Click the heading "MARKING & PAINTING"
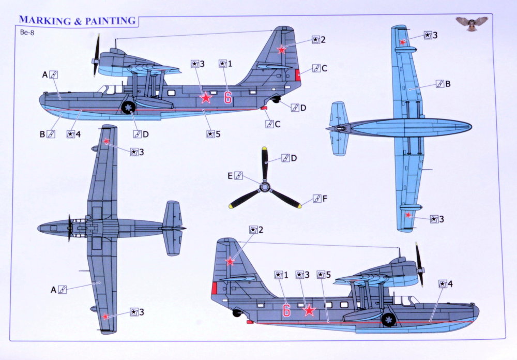tap(78, 21)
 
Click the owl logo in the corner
tap(472, 23)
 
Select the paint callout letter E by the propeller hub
tap(230, 176)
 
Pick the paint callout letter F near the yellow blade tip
tap(325, 199)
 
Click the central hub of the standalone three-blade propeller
tap(265, 187)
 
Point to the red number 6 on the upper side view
tap(227, 97)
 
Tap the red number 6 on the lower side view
tap(286, 310)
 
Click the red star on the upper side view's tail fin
tap(281, 50)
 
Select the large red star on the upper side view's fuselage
tap(206, 98)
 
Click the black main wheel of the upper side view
tap(128, 107)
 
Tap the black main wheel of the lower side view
tap(388, 320)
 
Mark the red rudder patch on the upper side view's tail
tap(298, 76)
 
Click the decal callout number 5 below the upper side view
tap(218, 134)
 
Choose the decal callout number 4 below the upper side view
tap(78, 134)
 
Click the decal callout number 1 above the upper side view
tap(230, 64)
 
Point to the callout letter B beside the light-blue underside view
tap(448, 84)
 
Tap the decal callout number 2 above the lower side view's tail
tap(261, 230)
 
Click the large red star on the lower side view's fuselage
tap(309, 310)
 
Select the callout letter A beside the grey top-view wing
tap(53, 290)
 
